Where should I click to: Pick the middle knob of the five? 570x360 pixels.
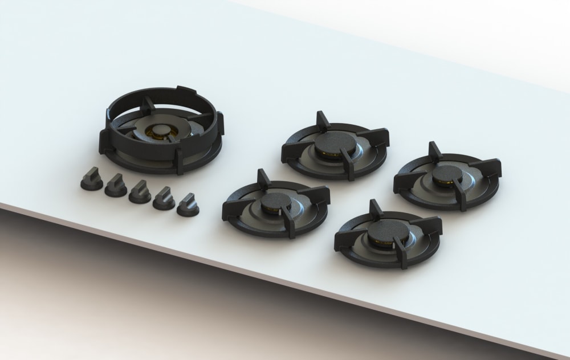[139, 191]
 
